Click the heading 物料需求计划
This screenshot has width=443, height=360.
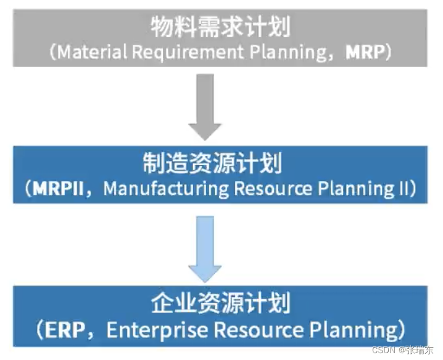coord(220,28)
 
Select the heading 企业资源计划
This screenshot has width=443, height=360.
coord(221,305)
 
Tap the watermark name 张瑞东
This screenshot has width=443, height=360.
coord(420,350)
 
